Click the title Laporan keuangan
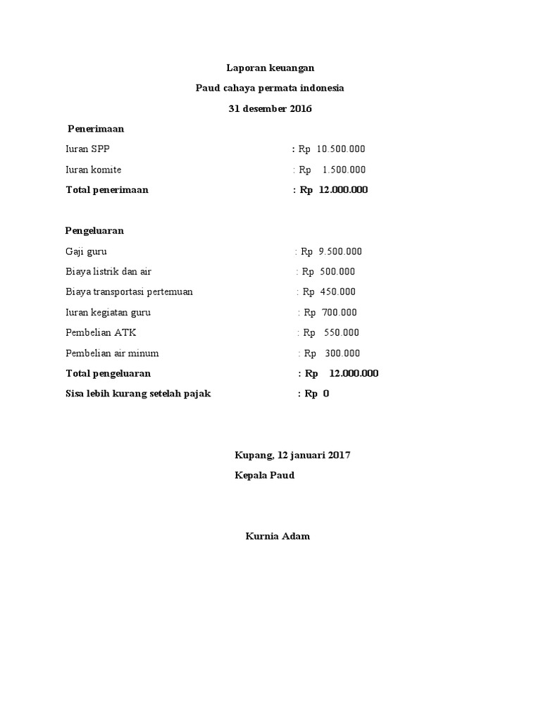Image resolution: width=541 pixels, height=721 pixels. pos(270,68)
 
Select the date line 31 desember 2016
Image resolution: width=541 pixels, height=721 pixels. pos(270,108)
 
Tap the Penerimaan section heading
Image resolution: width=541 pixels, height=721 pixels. pos(96,129)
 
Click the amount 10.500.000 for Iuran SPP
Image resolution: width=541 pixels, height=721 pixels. pos(341,149)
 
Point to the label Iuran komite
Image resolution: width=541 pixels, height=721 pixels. pos(93,170)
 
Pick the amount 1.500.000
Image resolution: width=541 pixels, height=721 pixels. pos(344,170)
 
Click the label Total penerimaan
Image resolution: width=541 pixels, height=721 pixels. pos(107,190)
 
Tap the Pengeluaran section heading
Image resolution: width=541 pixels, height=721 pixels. pos(94,230)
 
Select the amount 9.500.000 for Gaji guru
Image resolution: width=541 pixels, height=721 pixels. pos(340,251)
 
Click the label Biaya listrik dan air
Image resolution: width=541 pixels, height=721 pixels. pos(108,272)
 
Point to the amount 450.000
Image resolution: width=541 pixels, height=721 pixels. pos(338,291)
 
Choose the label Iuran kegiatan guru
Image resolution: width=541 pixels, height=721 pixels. pos(108,312)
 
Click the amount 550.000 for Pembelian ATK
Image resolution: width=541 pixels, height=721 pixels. pos(341,332)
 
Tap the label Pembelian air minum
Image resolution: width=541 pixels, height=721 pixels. pos(112,353)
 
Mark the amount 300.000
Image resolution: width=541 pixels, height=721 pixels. pos(342,353)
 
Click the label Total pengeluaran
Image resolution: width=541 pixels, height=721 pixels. pos(108,373)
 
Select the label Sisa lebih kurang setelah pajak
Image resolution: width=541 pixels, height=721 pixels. pos(138,394)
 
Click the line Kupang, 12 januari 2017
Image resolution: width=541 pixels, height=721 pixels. pos(292,455)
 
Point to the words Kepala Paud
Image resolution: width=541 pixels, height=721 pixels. pos(264,475)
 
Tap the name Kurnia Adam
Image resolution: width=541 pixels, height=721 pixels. pos(278,537)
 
